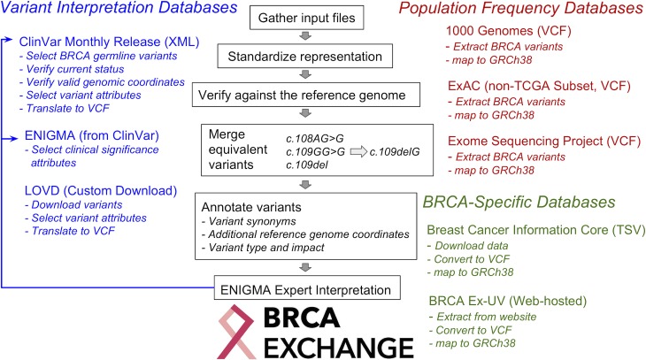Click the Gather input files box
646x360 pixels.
coord(306,18)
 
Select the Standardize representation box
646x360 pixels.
coord(305,57)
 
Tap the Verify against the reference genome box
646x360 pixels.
coord(305,95)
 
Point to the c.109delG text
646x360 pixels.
coord(395,151)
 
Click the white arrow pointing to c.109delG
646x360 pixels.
coord(358,151)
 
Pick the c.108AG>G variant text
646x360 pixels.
coord(315,138)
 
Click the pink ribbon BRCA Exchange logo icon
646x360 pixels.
coord(236,332)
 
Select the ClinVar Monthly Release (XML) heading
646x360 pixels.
coord(109,42)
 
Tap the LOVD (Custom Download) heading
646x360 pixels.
coord(101,191)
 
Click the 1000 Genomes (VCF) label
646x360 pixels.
coord(509,30)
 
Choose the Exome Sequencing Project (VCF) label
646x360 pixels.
coord(544,141)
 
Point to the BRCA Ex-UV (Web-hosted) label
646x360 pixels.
coord(508,301)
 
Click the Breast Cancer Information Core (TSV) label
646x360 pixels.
coord(536,230)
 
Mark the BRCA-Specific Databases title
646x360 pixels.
coord(519,203)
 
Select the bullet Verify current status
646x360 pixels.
coord(72,69)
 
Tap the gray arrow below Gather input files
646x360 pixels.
coord(305,36)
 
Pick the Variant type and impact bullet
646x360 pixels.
coord(263,247)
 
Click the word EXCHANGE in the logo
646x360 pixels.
coord(339,348)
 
